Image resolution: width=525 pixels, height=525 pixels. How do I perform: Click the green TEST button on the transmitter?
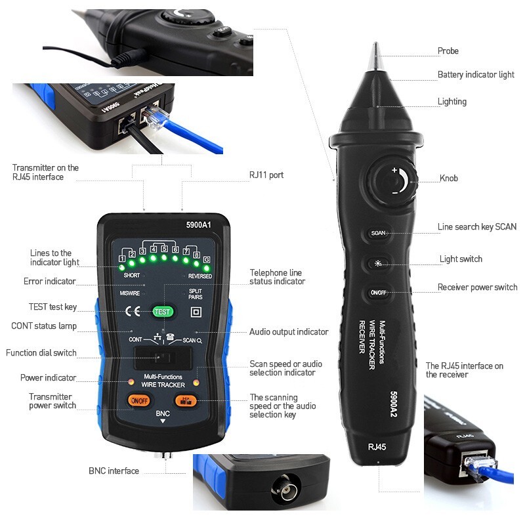[x=162, y=312]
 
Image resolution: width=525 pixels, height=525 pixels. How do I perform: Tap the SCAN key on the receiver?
[x=379, y=233]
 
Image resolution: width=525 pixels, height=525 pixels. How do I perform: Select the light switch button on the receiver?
[x=379, y=263]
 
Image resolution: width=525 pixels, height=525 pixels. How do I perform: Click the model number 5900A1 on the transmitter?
[x=198, y=225]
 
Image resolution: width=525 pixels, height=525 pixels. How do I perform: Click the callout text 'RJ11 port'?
[x=266, y=175]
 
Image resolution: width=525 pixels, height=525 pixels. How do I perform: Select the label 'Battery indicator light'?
[x=476, y=75]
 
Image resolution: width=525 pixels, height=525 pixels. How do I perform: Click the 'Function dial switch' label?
[x=41, y=353]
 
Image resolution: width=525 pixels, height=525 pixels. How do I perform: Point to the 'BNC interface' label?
[x=114, y=471]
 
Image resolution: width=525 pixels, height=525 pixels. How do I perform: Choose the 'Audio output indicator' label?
[x=289, y=332]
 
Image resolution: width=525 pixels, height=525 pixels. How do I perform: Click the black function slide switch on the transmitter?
[x=162, y=359]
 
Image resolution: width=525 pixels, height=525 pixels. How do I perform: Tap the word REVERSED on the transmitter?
[x=200, y=276]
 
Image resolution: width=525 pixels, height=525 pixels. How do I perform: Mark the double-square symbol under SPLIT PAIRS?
[x=195, y=312]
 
